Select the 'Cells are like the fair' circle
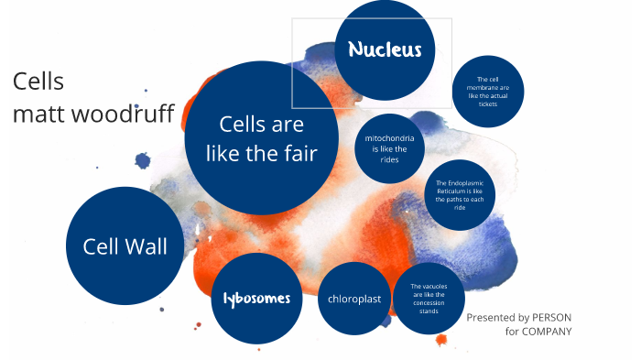pos(262,138)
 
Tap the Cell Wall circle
pos(125,246)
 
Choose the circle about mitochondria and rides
pos(389,147)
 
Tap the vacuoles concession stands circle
pos(428,299)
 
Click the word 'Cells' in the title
pos(38,82)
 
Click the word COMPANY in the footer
pos(547,331)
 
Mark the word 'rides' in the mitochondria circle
pos(389,158)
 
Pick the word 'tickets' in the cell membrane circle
pos(487,104)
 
